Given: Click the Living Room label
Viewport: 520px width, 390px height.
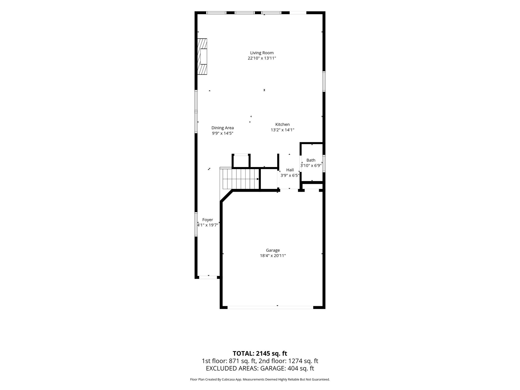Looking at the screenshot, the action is pos(262,53).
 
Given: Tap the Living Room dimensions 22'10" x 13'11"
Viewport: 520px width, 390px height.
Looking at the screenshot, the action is pos(262,58).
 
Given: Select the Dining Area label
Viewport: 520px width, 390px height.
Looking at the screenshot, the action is pos(222,128).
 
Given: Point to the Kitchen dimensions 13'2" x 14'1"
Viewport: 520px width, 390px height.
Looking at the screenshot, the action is pos(282,130).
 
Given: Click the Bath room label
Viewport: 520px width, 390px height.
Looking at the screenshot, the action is pos(311,160).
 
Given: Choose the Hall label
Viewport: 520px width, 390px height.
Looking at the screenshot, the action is pos(290,170).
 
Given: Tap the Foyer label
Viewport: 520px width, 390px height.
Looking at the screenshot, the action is pos(207,220).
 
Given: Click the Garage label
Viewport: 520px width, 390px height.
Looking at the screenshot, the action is pos(273,250).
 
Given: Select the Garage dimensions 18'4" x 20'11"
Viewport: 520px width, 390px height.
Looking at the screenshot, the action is pos(273,256).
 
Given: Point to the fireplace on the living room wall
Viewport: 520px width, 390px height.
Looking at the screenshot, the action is pos(202,56).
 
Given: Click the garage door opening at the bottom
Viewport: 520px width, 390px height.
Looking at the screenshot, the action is pos(270,307).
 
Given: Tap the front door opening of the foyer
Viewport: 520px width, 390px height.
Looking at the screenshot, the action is pos(208,277).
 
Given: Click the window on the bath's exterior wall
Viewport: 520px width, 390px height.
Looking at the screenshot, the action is pos(324,164).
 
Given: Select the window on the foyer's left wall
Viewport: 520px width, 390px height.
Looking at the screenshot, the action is pos(196,224).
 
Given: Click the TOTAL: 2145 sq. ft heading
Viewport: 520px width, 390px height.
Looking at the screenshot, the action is pos(260,353).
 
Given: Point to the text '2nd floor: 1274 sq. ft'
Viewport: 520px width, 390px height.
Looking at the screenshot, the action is pos(288,361).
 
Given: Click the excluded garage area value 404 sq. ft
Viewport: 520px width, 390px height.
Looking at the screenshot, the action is pos(301,368).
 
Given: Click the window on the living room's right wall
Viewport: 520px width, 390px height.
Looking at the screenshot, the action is pos(324,81).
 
